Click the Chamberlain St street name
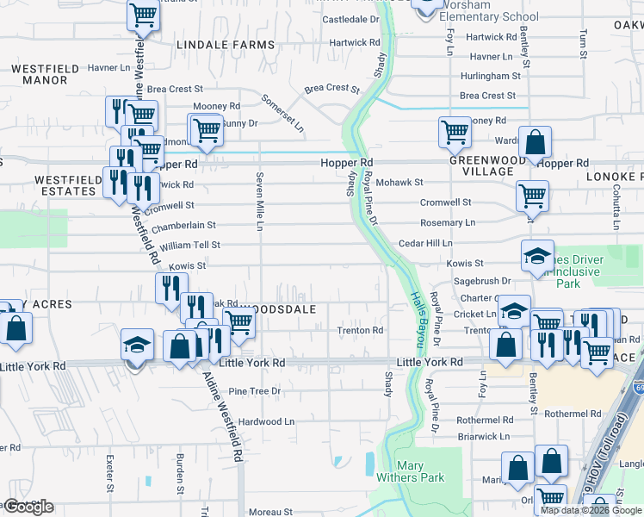pyautogui.click(x=183, y=225)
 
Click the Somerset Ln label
pyautogui.click(x=283, y=113)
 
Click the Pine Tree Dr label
pyautogui.click(x=254, y=391)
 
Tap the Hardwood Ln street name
pyautogui.click(x=266, y=422)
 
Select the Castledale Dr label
pyautogui.click(x=350, y=18)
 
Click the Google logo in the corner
pyautogui.click(x=28, y=507)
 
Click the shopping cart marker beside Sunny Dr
pyautogui.click(x=205, y=131)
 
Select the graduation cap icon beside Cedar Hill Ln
pyautogui.click(x=537, y=256)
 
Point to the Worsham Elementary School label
pyautogui.click(x=489, y=11)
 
